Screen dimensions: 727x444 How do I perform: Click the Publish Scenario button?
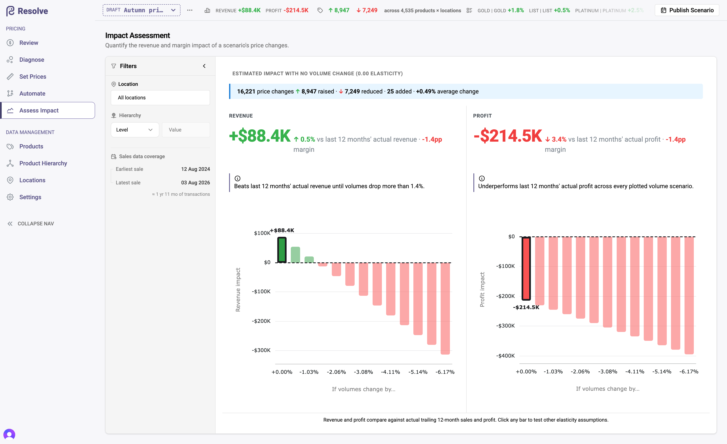687,10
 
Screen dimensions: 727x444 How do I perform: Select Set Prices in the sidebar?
33,77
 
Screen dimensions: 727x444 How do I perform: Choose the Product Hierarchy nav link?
43,163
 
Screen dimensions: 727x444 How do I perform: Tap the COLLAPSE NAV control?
31,223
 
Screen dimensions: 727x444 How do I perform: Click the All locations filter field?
160,98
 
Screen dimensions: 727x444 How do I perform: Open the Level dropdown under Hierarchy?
135,130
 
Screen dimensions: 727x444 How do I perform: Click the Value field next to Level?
186,130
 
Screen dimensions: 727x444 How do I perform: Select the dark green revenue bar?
282,250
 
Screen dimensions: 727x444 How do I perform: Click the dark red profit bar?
526,268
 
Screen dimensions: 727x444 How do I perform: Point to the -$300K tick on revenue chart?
261,350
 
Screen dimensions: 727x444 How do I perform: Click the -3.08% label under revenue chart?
363,372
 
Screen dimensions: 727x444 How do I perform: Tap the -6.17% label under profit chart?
689,371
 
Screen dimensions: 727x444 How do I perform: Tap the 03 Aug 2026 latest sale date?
195,182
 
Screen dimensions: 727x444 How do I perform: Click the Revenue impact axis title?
238,290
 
